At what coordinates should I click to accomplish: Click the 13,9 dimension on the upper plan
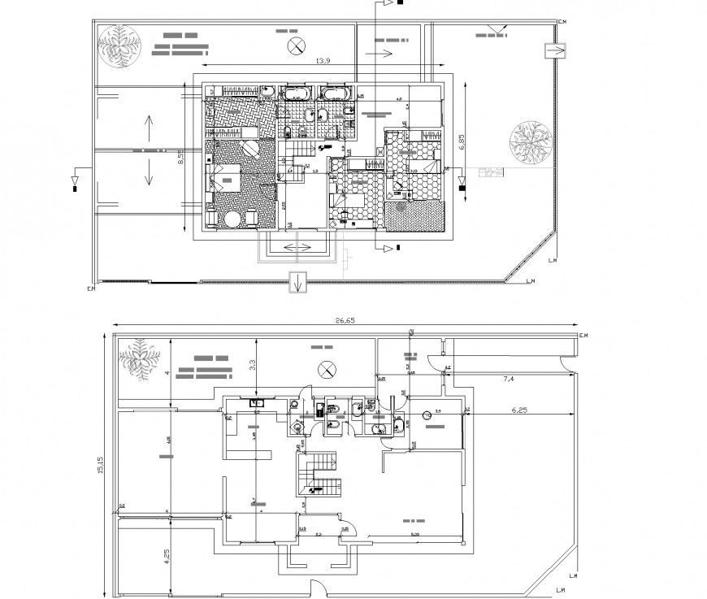pyautogui.click(x=323, y=61)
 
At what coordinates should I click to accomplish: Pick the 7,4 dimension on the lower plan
pyautogui.click(x=510, y=379)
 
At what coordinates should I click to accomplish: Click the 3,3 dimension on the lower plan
pyautogui.click(x=253, y=366)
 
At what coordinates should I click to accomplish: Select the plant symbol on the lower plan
pyautogui.click(x=140, y=360)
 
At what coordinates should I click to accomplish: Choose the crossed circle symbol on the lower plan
pyautogui.click(x=326, y=368)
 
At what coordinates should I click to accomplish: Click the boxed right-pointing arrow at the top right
pyautogui.click(x=554, y=51)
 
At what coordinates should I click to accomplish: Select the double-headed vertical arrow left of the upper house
pyautogui.click(x=150, y=150)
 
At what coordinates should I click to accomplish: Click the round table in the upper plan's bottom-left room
pyautogui.click(x=233, y=219)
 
